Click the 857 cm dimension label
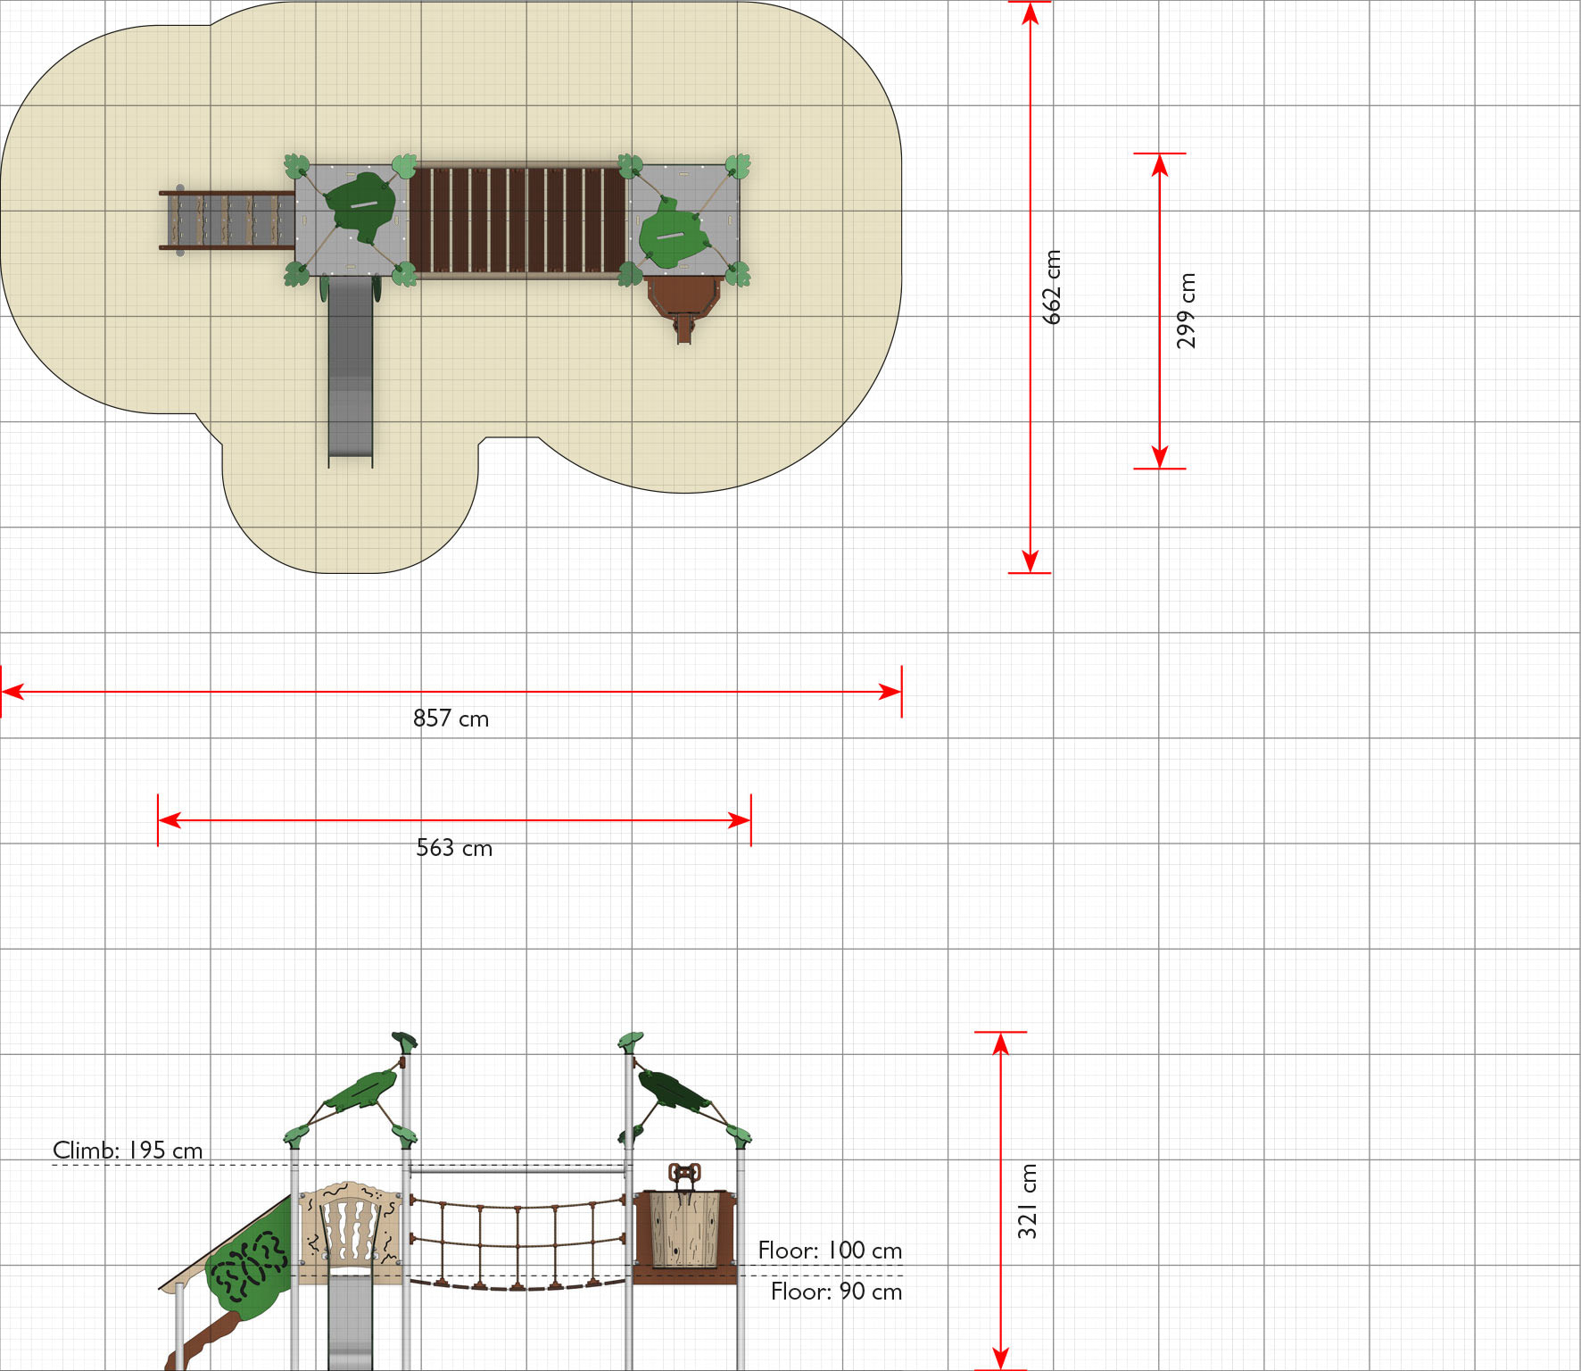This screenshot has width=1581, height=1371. tap(451, 719)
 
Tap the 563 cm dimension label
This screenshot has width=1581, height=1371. tap(454, 847)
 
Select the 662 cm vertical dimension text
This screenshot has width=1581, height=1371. tap(1052, 287)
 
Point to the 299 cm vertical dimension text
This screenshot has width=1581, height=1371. tap(1186, 311)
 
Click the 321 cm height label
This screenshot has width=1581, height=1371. tap(1027, 1201)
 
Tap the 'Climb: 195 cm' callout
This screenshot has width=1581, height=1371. tap(128, 1150)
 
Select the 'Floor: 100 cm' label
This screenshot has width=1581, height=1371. tap(830, 1250)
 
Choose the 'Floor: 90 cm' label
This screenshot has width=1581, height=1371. tap(836, 1291)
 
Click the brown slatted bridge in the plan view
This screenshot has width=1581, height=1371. tap(517, 220)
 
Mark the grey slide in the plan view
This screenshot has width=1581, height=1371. tap(351, 370)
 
